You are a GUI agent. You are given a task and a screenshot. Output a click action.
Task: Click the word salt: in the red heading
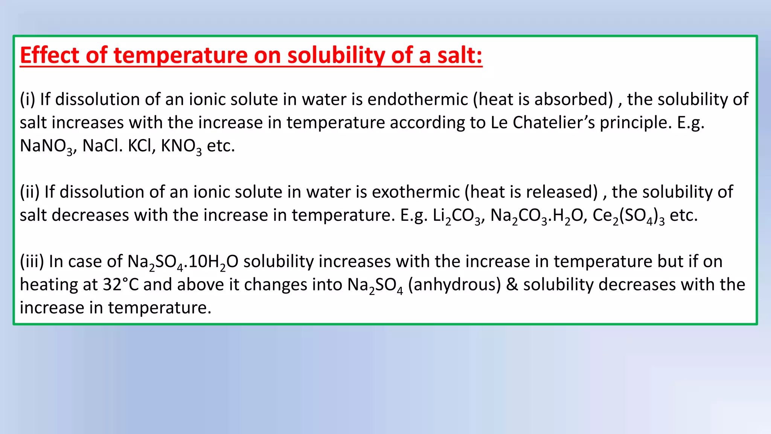pyautogui.click(x=460, y=55)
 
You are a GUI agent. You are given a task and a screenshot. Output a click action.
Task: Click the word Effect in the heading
pyautogui.click(x=49, y=55)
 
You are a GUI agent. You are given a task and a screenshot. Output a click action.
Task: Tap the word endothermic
pyautogui.click(x=417, y=99)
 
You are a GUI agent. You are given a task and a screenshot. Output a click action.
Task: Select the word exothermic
pyautogui.click(x=416, y=192)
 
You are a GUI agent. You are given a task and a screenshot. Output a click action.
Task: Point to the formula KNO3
pyautogui.click(x=181, y=146)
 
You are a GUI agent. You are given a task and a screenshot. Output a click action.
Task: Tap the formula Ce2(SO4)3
pyautogui.click(x=628, y=216)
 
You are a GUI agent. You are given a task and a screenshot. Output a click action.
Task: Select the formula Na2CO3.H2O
pyautogui.click(x=538, y=216)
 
